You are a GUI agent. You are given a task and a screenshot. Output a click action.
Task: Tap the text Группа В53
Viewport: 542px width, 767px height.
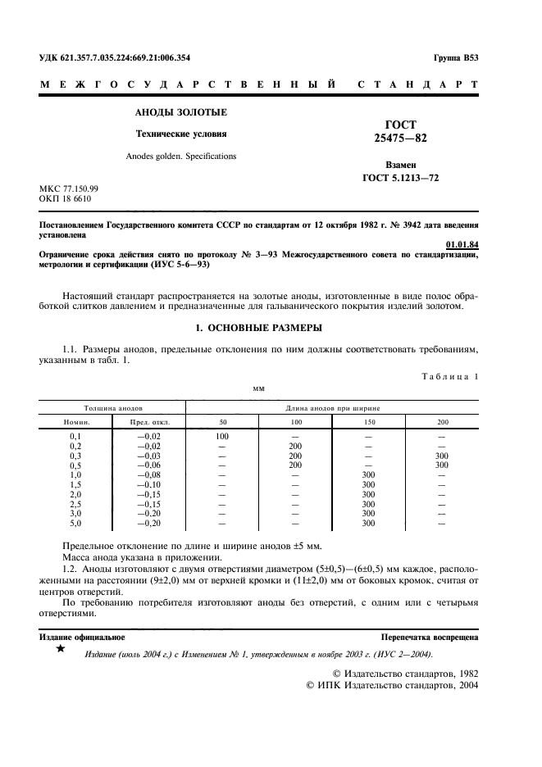point(456,58)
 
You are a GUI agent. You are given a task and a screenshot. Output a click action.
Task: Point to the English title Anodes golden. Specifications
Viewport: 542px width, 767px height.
point(180,156)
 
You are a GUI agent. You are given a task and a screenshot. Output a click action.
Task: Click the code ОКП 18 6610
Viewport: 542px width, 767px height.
point(65,199)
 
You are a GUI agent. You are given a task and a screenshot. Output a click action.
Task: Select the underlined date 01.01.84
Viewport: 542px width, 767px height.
point(462,244)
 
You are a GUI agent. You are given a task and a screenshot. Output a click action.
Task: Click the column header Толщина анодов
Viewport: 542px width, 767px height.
point(113,407)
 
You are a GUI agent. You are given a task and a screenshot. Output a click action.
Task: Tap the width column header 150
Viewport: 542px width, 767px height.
point(368,422)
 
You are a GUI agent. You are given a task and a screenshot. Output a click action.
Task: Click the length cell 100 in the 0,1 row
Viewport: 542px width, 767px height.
point(222,437)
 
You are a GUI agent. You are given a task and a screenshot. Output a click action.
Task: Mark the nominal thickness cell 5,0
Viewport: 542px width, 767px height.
point(75,523)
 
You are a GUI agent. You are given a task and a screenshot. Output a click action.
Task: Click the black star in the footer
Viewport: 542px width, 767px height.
point(60,649)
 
